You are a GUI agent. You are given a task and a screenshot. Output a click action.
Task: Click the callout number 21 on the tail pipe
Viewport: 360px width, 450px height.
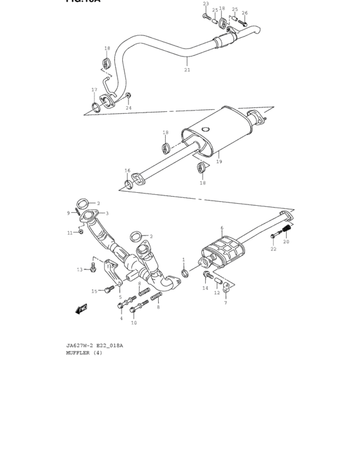click(187, 70)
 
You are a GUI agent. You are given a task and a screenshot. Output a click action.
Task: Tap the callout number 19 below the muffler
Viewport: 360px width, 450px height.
click(219, 162)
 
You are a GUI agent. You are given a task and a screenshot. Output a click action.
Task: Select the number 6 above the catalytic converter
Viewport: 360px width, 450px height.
click(222, 228)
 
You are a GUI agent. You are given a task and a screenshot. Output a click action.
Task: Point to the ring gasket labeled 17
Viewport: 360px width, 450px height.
click(96, 105)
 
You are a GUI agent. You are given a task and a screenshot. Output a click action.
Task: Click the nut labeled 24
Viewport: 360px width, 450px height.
click(129, 97)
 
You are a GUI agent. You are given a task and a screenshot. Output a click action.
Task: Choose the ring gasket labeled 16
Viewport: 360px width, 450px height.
click(129, 185)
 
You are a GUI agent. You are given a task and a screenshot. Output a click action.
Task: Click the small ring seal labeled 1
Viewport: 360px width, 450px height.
click(185, 273)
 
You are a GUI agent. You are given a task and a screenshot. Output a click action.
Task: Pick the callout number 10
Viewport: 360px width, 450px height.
click(134, 323)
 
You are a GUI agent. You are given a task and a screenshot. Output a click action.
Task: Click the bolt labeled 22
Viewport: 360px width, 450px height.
click(273, 237)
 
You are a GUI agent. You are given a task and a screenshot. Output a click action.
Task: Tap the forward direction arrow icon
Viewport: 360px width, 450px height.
click(81, 309)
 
